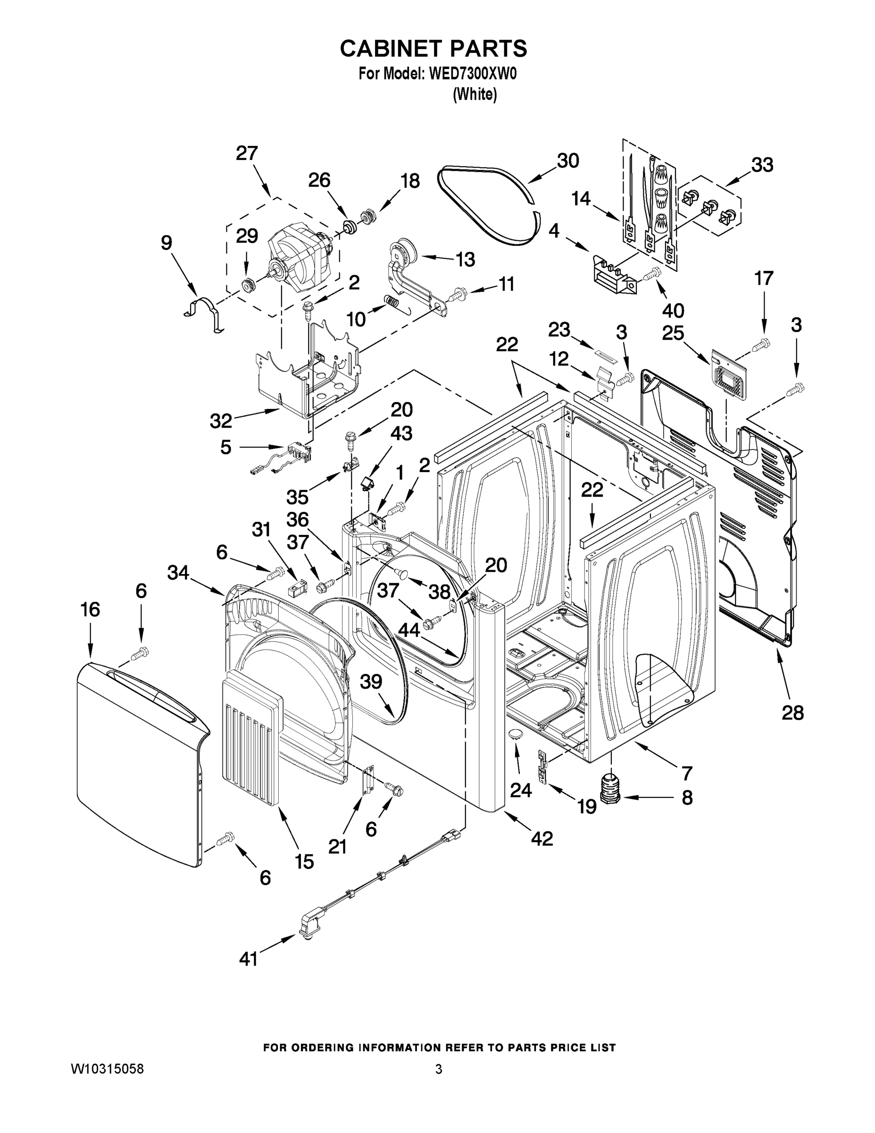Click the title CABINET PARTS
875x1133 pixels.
(433, 48)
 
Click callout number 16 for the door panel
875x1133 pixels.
(90, 609)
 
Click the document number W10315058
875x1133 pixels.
(107, 1069)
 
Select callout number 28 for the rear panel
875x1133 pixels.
(792, 713)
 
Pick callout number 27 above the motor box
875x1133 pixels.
(247, 153)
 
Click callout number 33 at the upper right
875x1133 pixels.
(761, 165)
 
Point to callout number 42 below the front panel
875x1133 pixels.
(542, 838)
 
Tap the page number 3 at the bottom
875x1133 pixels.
(439, 1069)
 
